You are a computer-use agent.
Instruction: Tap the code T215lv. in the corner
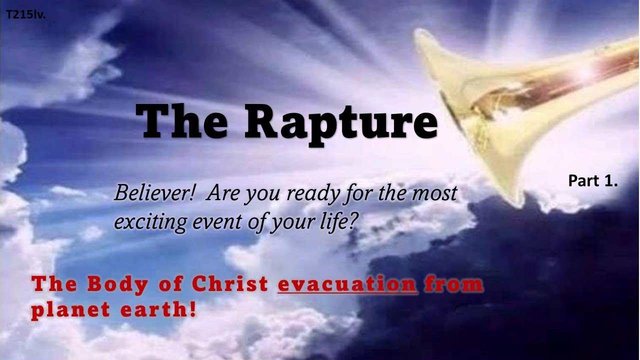[25, 15]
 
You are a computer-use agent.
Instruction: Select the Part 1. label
[593, 181]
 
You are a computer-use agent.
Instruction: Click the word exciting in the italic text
[147, 220]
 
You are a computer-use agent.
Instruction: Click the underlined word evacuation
[347, 284]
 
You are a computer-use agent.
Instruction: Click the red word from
[453, 284]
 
